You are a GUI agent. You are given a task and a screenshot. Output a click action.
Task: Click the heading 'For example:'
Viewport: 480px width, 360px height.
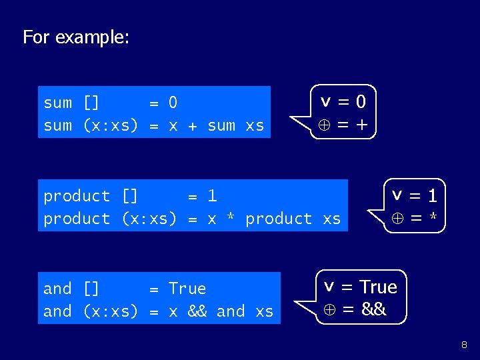(x=75, y=37)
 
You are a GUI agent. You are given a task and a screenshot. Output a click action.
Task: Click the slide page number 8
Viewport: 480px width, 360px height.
(x=464, y=345)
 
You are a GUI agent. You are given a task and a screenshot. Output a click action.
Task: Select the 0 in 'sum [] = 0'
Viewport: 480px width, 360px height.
(x=173, y=103)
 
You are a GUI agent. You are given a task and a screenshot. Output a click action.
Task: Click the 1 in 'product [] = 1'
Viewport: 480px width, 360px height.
(x=212, y=196)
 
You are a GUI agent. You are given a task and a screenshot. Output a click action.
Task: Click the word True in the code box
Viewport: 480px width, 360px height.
(x=187, y=289)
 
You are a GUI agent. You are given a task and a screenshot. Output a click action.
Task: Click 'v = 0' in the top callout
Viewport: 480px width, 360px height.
(x=343, y=102)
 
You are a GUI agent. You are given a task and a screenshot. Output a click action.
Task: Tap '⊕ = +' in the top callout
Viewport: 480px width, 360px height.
(x=343, y=125)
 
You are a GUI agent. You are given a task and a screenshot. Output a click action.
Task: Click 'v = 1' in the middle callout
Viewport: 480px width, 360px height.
(x=414, y=196)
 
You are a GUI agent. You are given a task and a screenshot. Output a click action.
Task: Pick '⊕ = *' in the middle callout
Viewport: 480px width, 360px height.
(x=414, y=219)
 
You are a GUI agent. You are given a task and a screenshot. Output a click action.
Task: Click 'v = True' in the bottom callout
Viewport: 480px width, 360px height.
(x=360, y=287)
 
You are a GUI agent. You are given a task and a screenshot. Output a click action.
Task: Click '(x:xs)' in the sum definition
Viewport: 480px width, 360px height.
(x=110, y=125)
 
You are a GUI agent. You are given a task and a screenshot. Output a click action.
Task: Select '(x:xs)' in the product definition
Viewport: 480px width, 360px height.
(x=149, y=219)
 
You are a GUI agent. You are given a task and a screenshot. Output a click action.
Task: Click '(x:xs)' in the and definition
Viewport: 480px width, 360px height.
(x=110, y=311)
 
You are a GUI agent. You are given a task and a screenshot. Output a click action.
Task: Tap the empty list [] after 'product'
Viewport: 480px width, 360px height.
(x=129, y=196)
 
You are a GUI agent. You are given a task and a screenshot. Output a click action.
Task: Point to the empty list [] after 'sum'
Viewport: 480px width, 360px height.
(x=91, y=103)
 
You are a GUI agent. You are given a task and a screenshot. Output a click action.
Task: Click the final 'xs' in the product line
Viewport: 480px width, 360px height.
(x=331, y=219)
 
